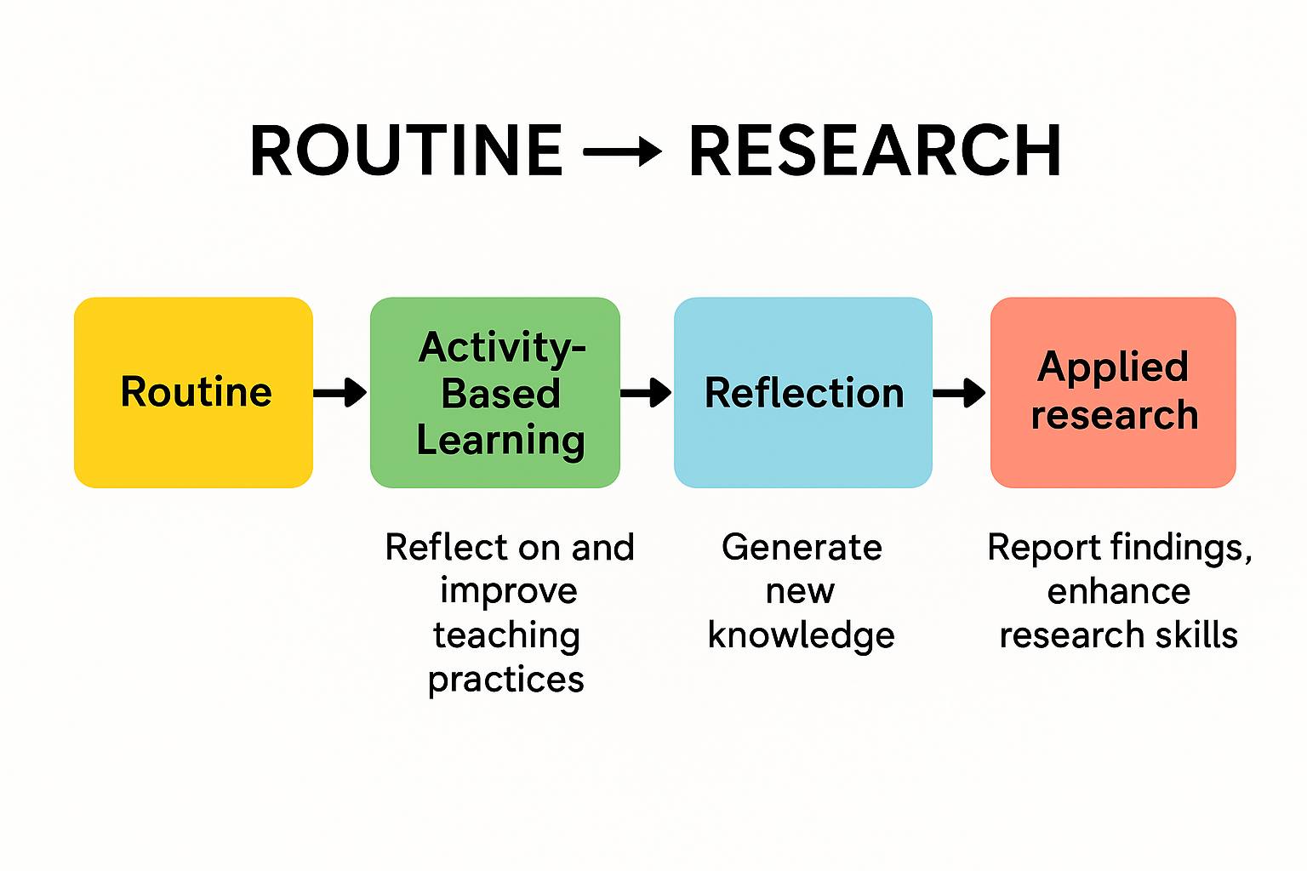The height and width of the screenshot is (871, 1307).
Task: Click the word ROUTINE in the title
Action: (x=406, y=151)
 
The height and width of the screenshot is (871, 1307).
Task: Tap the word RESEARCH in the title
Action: (x=876, y=151)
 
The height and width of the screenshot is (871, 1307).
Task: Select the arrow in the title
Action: (x=623, y=151)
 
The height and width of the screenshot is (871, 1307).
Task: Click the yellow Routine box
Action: (x=193, y=393)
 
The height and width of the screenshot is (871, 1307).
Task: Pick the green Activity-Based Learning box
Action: (x=494, y=393)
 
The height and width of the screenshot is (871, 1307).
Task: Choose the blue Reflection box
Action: (x=803, y=393)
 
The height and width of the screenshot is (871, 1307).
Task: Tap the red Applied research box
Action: (x=1113, y=393)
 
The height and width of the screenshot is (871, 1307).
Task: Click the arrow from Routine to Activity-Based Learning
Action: (x=340, y=393)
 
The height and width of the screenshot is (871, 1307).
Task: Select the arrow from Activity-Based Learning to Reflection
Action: (x=646, y=393)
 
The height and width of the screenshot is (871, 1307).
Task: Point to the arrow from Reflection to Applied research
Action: (x=960, y=393)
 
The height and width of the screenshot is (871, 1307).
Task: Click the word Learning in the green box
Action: (x=500, y=441)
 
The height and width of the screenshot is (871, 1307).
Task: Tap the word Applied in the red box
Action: (x=1113, y=367)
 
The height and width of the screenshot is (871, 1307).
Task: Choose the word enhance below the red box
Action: (x=1119, y=592)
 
